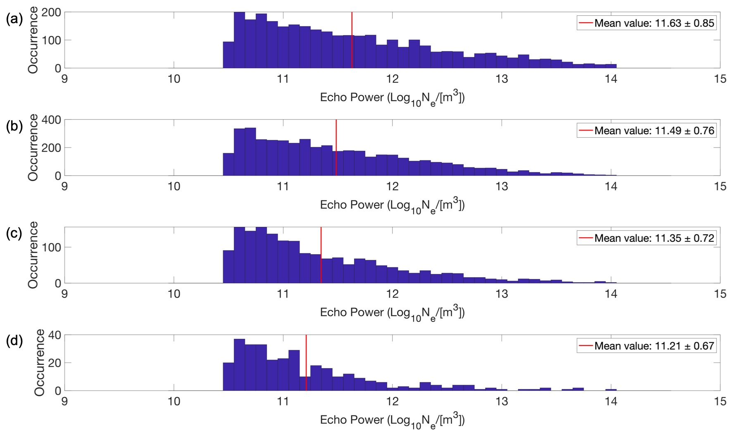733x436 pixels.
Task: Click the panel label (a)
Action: click(x=14, y=19)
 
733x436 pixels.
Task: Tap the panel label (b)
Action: click(x=14, y=126)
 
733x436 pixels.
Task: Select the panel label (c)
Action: click(x=14, y=234)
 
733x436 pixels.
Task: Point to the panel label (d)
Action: click(x=14, y=341)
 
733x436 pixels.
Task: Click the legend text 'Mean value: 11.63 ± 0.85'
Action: click(x=654, y=23)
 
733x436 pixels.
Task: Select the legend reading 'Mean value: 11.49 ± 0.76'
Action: click(x=654, y=131)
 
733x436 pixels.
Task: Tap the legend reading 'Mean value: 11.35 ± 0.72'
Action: click(x=654, y=238)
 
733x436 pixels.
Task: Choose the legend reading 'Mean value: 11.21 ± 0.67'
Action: click(x=654, y=346)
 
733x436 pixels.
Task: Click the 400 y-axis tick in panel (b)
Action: click(x=51, y=120)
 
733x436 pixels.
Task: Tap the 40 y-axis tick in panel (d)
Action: click(x=55, y=335)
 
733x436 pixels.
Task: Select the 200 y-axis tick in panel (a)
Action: click(x=51, y=13)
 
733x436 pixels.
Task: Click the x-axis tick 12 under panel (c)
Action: click(x=392, y=294)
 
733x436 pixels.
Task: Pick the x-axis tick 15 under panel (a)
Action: click(x=720, y=79)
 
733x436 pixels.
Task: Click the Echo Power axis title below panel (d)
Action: click(x=392, y=420)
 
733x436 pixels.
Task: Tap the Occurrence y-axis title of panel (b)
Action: click(x=33, y=148)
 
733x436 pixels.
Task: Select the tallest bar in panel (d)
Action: click(x=239, y=365)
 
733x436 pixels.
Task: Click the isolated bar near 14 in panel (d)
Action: click(x=611, y=390)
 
